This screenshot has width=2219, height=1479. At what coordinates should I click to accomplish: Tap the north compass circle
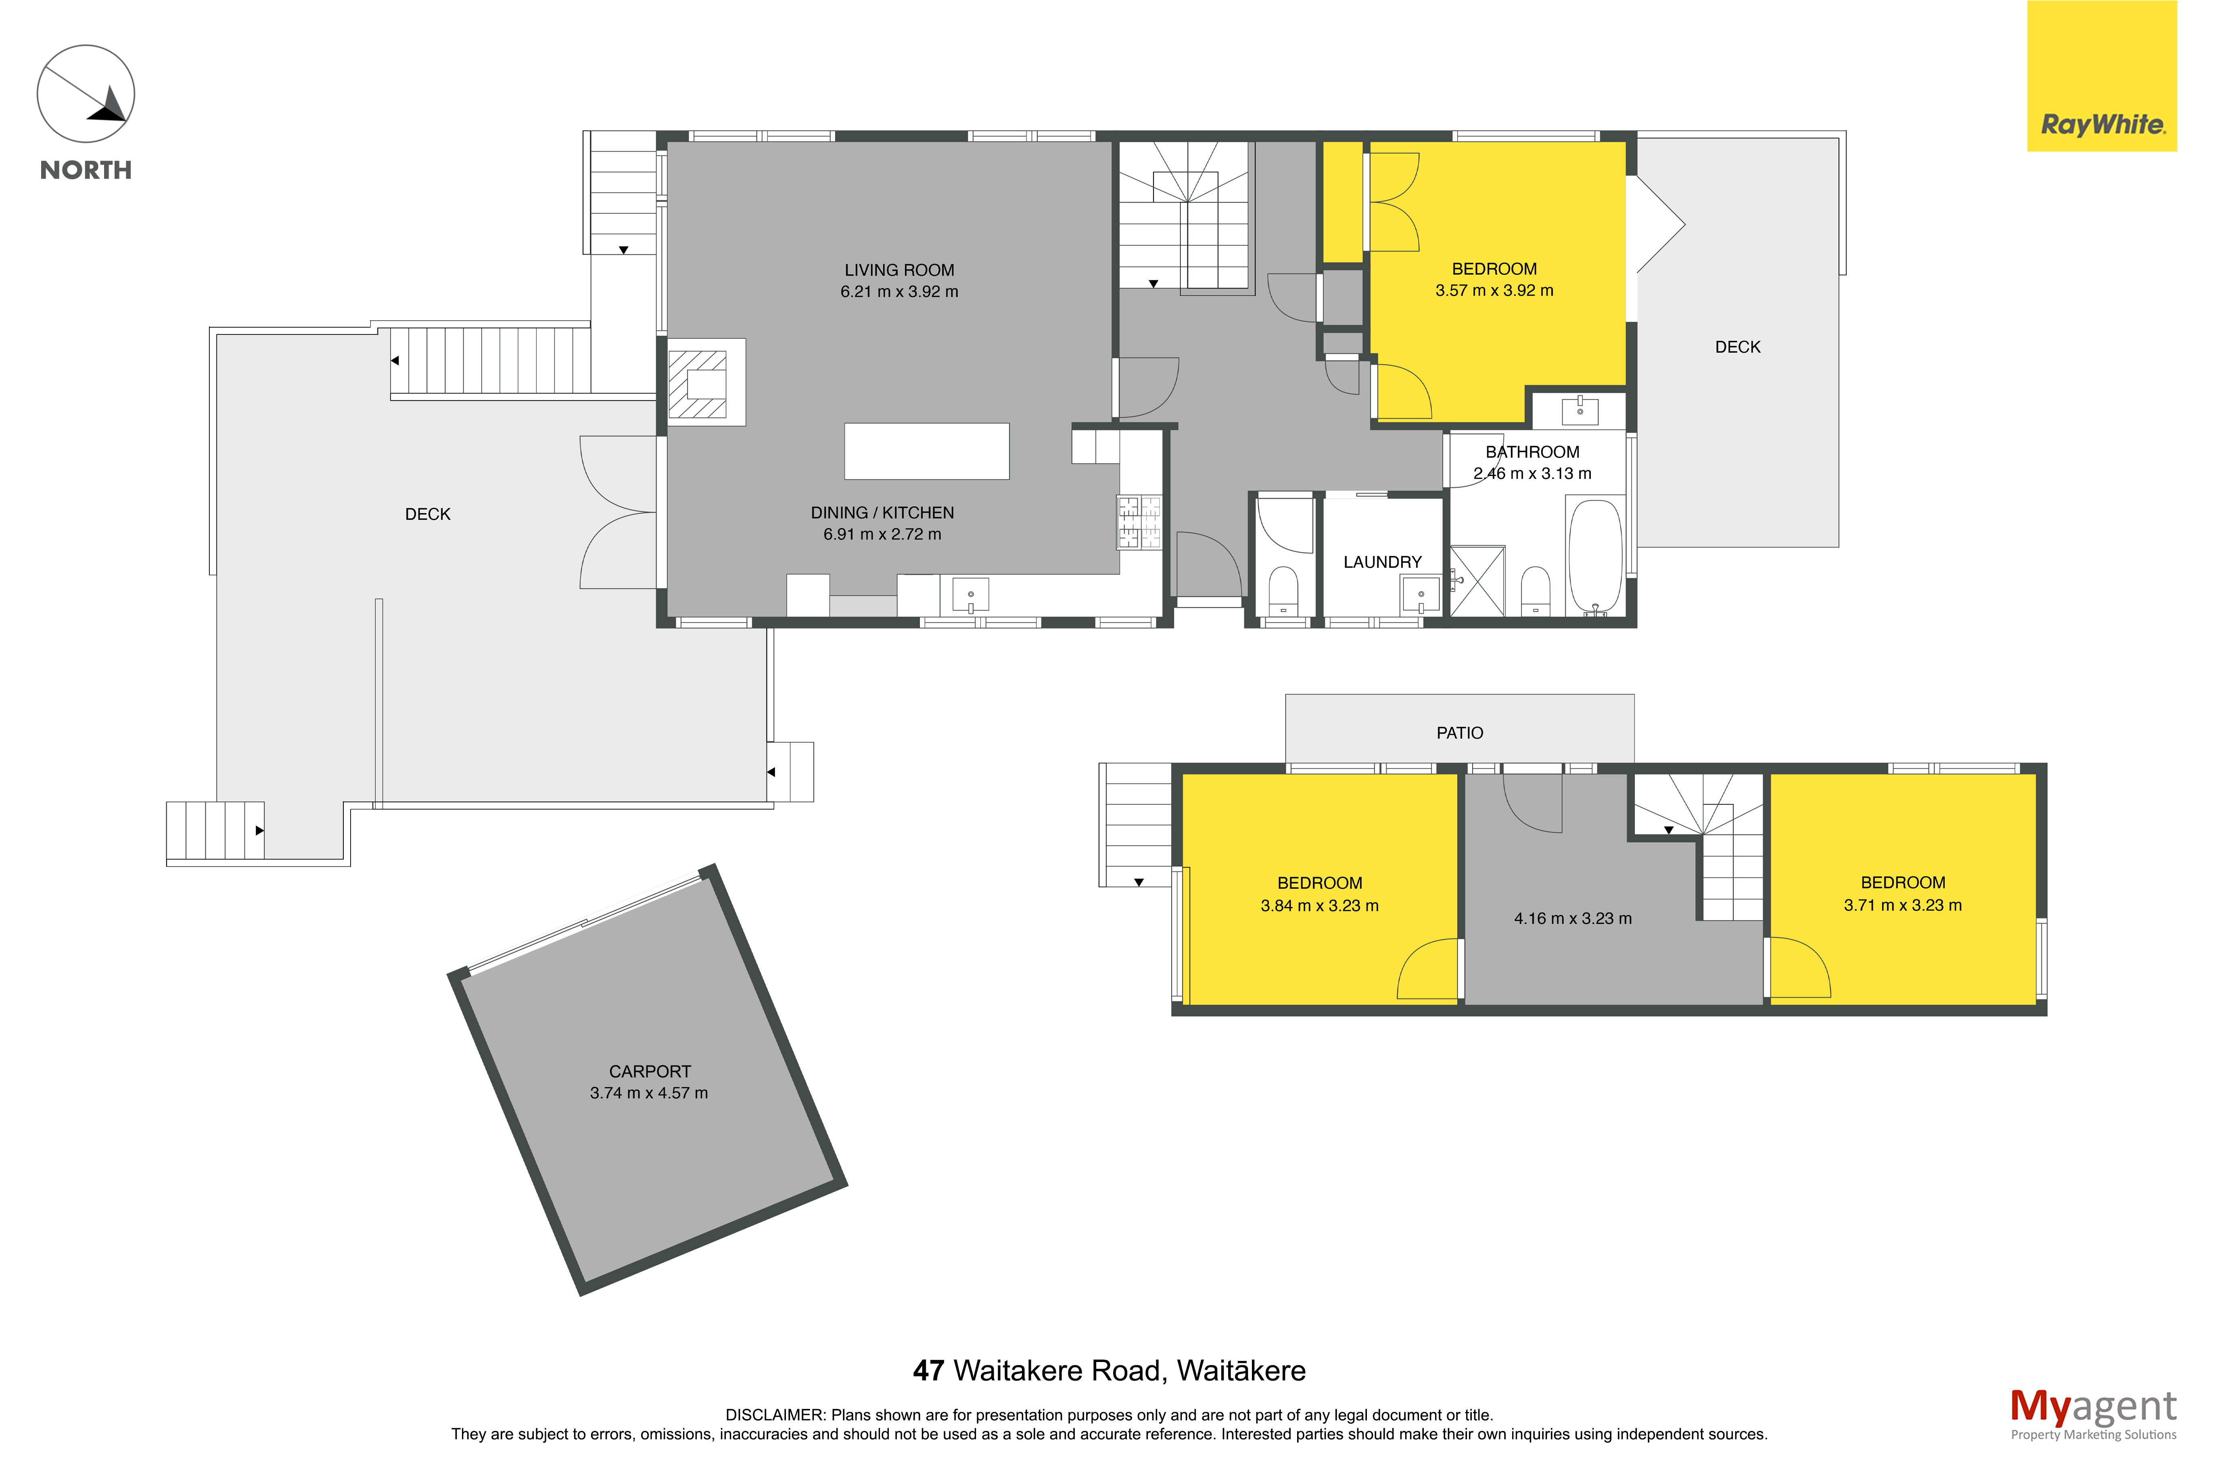point(86,94)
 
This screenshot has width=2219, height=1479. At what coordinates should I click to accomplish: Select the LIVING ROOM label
point(899,270)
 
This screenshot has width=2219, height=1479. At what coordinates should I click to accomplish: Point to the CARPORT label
point(650,1072)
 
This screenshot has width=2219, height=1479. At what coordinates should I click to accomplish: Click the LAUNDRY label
point(1381,562)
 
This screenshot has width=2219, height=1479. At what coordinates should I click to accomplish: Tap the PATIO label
point(1459,733)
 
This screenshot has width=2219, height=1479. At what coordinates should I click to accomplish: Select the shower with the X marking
point(1477,581)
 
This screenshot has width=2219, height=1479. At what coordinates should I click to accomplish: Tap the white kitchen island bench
point(926,451)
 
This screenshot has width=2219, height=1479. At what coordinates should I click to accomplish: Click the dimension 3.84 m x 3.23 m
point(1319,905)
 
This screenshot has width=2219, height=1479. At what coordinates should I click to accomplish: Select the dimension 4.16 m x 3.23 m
point(1572,919)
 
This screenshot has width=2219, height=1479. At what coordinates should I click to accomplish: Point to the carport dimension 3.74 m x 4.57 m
point(649,1093)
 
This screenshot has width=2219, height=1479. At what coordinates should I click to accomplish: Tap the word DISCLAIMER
point(774,1415)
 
